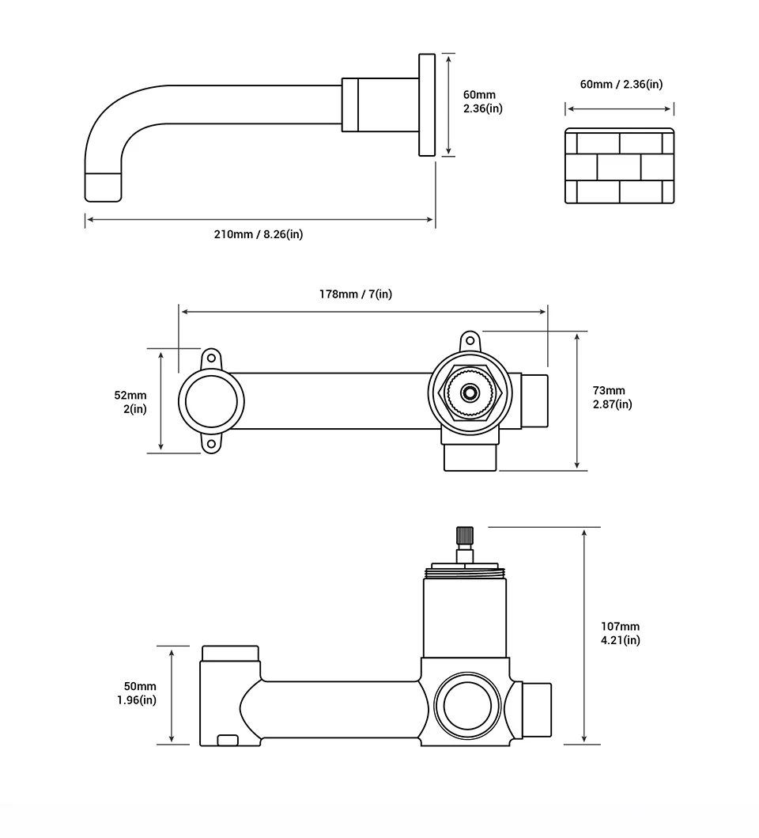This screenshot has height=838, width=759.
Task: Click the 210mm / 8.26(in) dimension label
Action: coord(259,234)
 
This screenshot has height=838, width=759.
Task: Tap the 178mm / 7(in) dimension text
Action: coord(355,294)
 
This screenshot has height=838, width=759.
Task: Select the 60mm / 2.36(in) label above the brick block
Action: coord(621,84)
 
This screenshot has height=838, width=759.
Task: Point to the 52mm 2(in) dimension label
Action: coord(130,402)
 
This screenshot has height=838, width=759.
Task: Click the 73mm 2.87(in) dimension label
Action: coord(613,397)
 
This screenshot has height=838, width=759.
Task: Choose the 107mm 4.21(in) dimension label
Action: coord(621,633)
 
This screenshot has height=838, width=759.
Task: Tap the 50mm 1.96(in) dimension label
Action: coord(141,693)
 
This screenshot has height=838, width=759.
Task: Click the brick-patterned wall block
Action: coord(619,167)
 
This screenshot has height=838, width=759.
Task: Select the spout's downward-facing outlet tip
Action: coord(104,186)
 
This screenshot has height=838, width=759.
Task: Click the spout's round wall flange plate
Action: coord(427,106)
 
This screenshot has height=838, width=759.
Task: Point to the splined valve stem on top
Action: coord(464,537)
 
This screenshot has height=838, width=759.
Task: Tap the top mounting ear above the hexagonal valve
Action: coord(470,341)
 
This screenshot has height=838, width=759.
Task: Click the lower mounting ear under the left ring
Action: coord(211,444)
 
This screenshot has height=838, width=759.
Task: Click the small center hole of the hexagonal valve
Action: coord(470,392)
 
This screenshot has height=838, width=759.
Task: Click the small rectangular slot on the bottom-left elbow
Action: coord(228,740)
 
